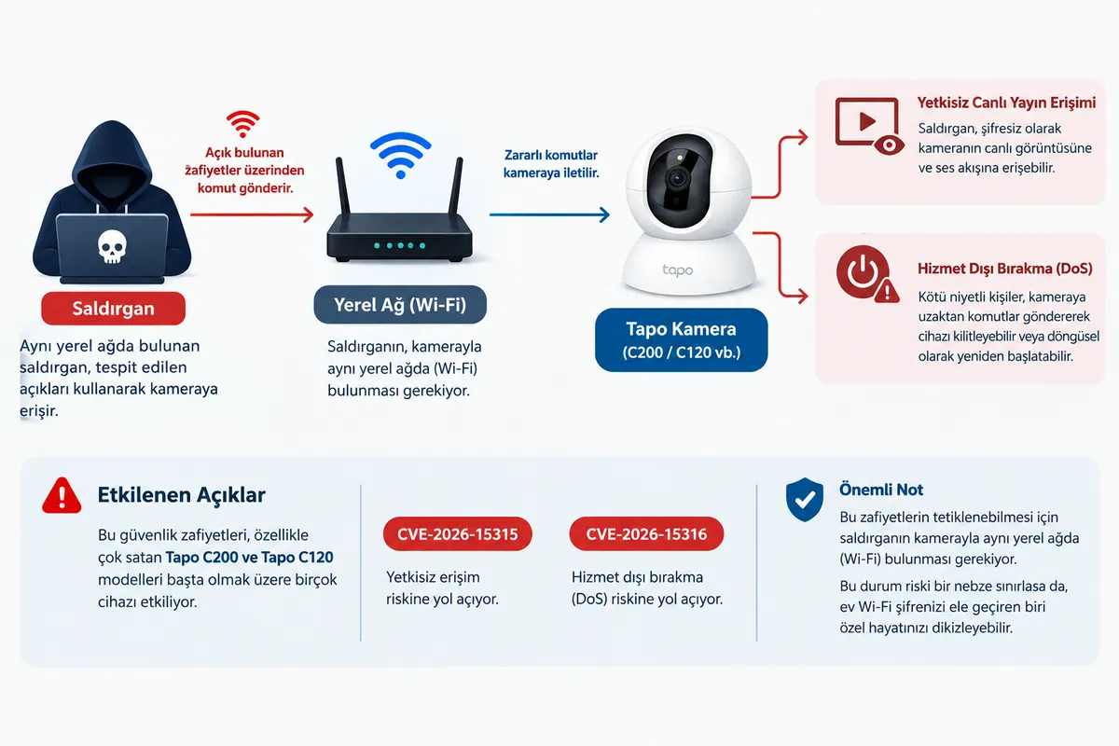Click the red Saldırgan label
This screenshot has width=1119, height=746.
tap(114, 309)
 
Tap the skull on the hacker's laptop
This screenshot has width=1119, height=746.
tap(112, 246)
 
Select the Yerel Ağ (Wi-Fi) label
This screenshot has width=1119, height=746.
tap(400, 305)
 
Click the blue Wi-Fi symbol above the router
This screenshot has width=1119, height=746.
tap(401, 155)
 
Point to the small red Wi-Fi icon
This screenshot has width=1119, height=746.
tap(242, 124)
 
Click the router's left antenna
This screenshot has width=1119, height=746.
tap(343, 186)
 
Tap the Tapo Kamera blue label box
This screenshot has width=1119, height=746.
tap(682, 339)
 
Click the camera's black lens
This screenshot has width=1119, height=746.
tap(678, 178)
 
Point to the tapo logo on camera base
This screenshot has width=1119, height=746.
tap(677, 270)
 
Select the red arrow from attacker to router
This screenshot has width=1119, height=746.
tap(253, 214)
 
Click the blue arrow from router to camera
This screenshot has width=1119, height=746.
tap(549, 214)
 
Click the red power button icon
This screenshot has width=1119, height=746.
tap(863, 272)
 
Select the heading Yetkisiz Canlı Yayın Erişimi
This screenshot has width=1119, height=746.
tap(1006, 103)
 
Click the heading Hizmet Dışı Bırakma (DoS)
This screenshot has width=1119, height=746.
tap(1005, 269)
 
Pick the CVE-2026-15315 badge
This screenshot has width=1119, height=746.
tap(458, 534)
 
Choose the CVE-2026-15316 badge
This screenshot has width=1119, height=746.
tap(646, 534)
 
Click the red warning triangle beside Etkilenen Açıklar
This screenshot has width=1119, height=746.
tap(62, 496)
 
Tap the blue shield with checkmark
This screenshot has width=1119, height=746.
tap(805, 500)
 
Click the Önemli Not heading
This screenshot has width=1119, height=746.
tap(881, 490)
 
